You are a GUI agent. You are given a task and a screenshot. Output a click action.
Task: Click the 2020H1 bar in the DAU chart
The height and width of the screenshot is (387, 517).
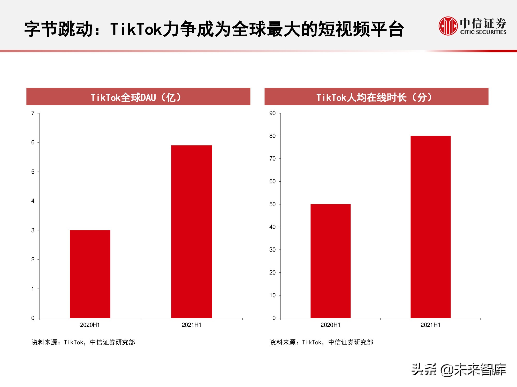click(90, 274)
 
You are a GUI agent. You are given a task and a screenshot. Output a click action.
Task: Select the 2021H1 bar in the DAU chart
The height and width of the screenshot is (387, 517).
click(192, 231)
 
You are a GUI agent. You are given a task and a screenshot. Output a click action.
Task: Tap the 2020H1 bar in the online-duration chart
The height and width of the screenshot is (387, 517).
click(330, 261)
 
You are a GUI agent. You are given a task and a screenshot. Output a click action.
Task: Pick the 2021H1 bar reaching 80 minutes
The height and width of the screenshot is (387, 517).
click(430, 227)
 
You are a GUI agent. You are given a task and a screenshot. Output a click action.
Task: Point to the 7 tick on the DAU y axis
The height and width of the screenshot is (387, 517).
click(33, 113)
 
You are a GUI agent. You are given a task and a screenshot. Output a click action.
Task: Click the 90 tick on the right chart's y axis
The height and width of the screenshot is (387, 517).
click(272, 113)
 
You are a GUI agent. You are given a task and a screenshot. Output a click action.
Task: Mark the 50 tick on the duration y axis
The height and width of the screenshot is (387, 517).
click(272, 204)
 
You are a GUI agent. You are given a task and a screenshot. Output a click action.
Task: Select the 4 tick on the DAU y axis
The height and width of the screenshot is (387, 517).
click(33, 201)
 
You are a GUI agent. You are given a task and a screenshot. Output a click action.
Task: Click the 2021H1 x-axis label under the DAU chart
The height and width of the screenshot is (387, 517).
click(191, 325)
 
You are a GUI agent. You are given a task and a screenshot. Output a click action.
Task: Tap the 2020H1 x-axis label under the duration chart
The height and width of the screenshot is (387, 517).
click(330, 325)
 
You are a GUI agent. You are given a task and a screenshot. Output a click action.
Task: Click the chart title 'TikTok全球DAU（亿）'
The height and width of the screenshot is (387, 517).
click(136, 97)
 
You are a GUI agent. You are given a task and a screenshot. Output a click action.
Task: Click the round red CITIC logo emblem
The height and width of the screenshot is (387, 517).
click(448, 26)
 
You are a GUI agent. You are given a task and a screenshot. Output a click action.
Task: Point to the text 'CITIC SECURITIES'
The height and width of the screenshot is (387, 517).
click(483, 32)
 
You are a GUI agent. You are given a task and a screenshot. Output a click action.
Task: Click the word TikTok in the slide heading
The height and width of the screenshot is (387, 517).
click(136, 29)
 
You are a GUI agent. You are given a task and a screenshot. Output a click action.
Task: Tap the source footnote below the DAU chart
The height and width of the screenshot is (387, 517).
click(83, 342)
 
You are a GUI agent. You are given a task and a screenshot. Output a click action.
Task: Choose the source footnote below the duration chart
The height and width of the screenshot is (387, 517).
click(322, 342)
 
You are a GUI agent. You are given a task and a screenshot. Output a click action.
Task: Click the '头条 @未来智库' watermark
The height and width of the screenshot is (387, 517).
click(459, 369)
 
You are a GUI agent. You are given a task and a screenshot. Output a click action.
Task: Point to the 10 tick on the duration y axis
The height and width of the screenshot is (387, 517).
click(272, 295)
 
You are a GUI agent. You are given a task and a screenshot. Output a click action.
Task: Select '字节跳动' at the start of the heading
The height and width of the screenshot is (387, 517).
click(58, 29)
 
